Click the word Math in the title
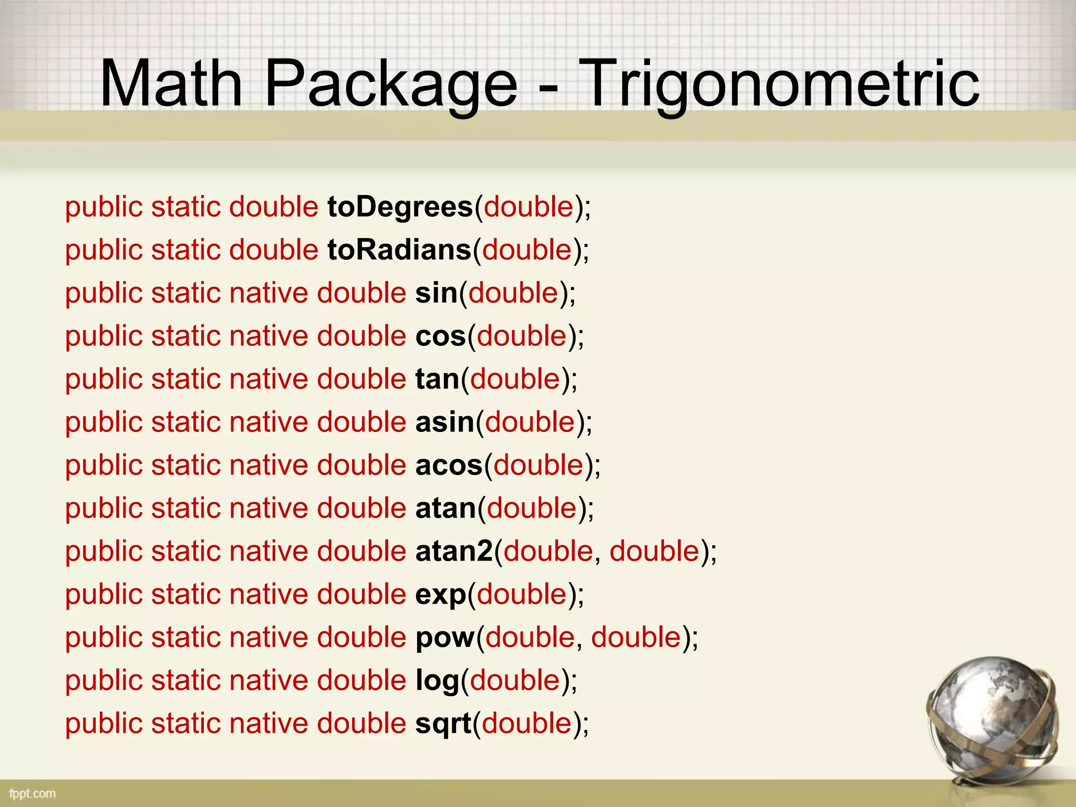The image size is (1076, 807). (171, 84)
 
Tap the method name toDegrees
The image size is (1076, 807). (400, 207)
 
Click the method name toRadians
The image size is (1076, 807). (399, 250)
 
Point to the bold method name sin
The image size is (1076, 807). (436, 293)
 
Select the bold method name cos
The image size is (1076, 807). (440, 336)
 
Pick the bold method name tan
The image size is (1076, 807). (437, 379)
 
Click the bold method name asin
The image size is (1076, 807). (444, 422)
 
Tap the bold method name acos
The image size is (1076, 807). (449, 465)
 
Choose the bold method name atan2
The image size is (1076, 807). (454, 552)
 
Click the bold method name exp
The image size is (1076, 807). (440, 595)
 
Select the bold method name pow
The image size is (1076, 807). (444, 638)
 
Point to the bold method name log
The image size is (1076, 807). (437, 681)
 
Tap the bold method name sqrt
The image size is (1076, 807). (443, 724)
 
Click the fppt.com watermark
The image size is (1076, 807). (33, 793)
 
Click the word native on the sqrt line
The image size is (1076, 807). (268, 723)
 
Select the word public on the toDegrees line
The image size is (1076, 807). (104, 207)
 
